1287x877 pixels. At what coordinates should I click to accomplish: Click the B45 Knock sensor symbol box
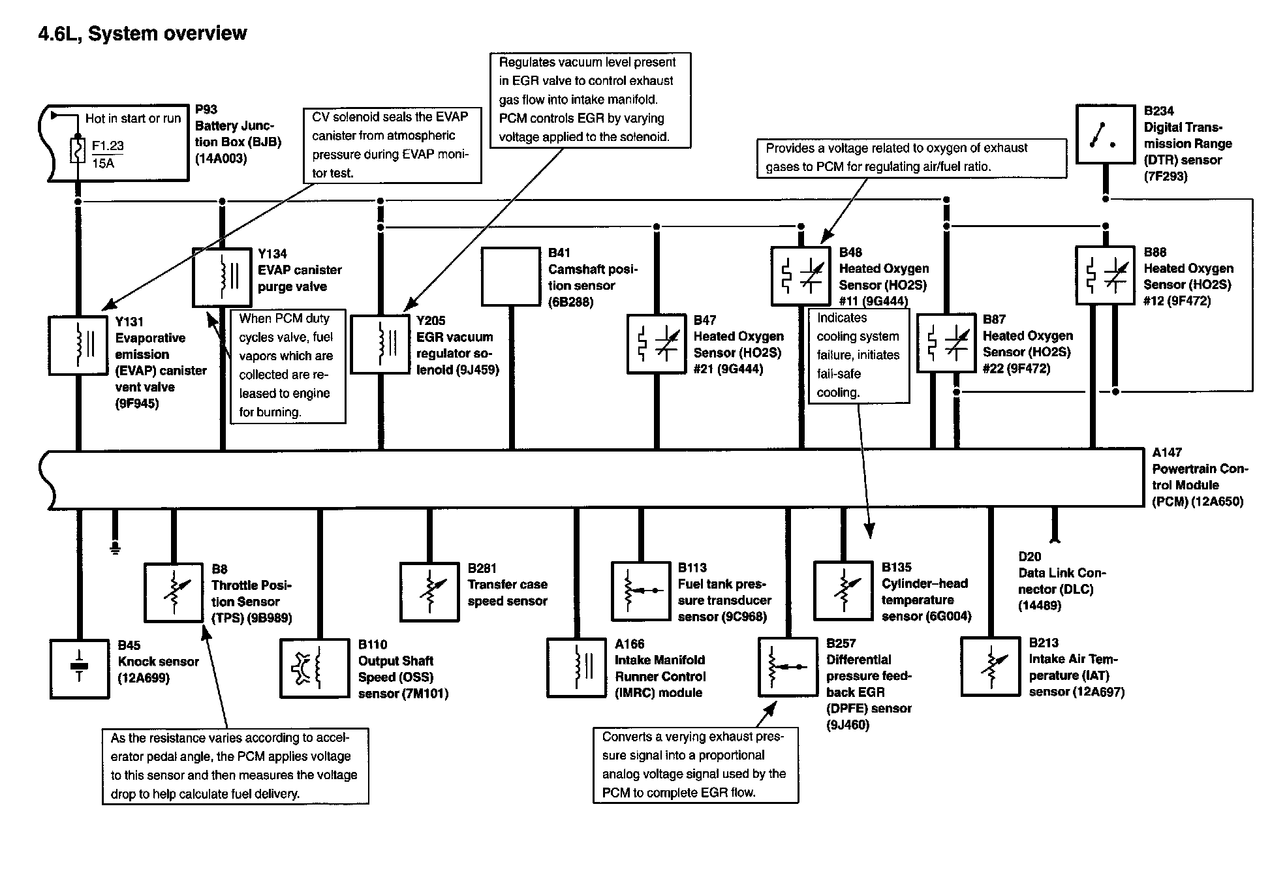point(80,669)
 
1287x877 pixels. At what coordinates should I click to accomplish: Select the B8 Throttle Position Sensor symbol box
point(174,592)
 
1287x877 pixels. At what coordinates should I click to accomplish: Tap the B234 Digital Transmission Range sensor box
point(1105,134)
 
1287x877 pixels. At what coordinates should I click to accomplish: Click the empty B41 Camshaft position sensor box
point(511,276)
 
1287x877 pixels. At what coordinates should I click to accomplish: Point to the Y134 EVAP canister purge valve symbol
point(222,277)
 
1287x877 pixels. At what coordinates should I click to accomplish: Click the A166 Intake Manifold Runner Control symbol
point(576,668)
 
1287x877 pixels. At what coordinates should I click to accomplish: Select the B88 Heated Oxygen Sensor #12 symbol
point(1105,275)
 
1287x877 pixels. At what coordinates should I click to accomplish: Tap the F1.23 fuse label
point(108,146)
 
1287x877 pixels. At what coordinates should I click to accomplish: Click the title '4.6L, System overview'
point(142,33)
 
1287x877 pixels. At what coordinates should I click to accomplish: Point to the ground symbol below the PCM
point(115,547)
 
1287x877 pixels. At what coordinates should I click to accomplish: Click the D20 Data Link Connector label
point(1061,581)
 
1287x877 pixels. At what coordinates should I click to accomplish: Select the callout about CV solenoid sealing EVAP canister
point(392,145)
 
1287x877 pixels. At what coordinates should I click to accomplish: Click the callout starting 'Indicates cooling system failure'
point(858,355)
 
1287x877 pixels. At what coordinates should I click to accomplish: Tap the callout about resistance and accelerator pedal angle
point(235,766)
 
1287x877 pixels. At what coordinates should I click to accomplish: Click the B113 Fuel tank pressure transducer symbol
point(640,591)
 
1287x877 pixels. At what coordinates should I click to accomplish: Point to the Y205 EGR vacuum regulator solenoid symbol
point(380,344)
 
